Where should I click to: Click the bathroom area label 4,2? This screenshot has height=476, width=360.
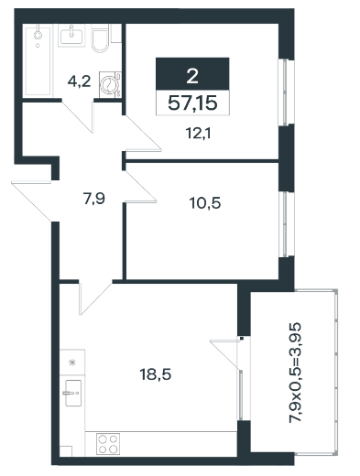[x=79, y=81]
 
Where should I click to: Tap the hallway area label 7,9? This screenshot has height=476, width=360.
[x=94, y=199]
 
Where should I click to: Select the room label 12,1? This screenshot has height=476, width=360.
[x=199, y=134]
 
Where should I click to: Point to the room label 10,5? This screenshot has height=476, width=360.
[x=205, y=203]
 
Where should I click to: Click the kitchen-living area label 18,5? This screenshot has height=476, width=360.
[x=156, y=374]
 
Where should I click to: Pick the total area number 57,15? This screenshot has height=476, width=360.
[x=192, y=103]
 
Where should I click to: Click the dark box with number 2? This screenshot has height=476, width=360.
[x=192, y=73]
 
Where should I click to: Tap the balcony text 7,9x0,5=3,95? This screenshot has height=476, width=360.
[x=295, y=373]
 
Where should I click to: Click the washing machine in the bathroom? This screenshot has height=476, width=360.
[x=110, y=84]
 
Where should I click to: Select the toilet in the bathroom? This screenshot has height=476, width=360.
[x=100, y=39]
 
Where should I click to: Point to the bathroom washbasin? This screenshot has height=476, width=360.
[x=71, y=36]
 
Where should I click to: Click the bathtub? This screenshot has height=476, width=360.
[x=38, y=61]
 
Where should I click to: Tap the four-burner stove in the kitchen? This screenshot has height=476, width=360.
[x=108, y=444]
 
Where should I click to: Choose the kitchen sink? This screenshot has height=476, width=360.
[x=73, y=393]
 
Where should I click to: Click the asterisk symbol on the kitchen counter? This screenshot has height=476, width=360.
[x=72, y=362]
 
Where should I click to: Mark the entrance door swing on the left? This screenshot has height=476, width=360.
[x=31, y=200]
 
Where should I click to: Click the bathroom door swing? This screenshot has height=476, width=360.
[x=78, y=116]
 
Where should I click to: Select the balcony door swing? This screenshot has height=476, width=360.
[x=225, y=354]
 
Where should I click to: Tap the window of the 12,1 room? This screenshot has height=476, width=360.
[x=285, y=92]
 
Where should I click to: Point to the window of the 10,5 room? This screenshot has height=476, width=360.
[x=286, y=224]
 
